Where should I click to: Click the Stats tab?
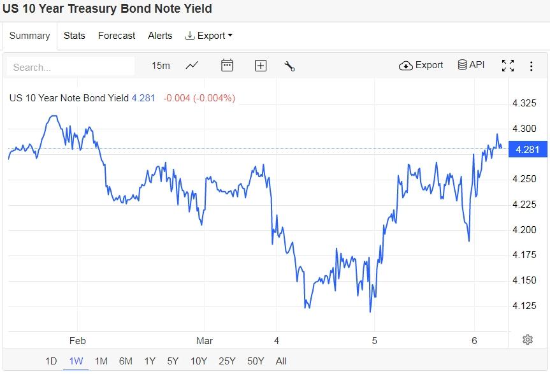click(74, 36)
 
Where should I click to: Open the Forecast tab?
click(117, 36)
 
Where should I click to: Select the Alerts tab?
click(160, 36)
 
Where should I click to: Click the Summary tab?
click(29, 36)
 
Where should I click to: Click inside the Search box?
click(70, 67)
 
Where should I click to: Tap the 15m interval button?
click(161, 66)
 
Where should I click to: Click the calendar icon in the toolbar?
click(227, 66)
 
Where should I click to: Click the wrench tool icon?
click(289, 66)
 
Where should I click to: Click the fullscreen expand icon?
click(508, 66)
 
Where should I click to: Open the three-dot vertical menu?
click(531, 66)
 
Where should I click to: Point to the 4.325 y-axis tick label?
click(525, 103)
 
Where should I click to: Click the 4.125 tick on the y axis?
click(525, 306)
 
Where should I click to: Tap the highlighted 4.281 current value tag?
click(527, 150)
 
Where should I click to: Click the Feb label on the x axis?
click(78, 341)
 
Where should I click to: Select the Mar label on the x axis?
click(205, 341)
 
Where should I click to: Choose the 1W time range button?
click(76, 361)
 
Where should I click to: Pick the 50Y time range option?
click(256, 361)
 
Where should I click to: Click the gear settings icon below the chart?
click(528, 340)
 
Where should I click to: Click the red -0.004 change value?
click(176, 98)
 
